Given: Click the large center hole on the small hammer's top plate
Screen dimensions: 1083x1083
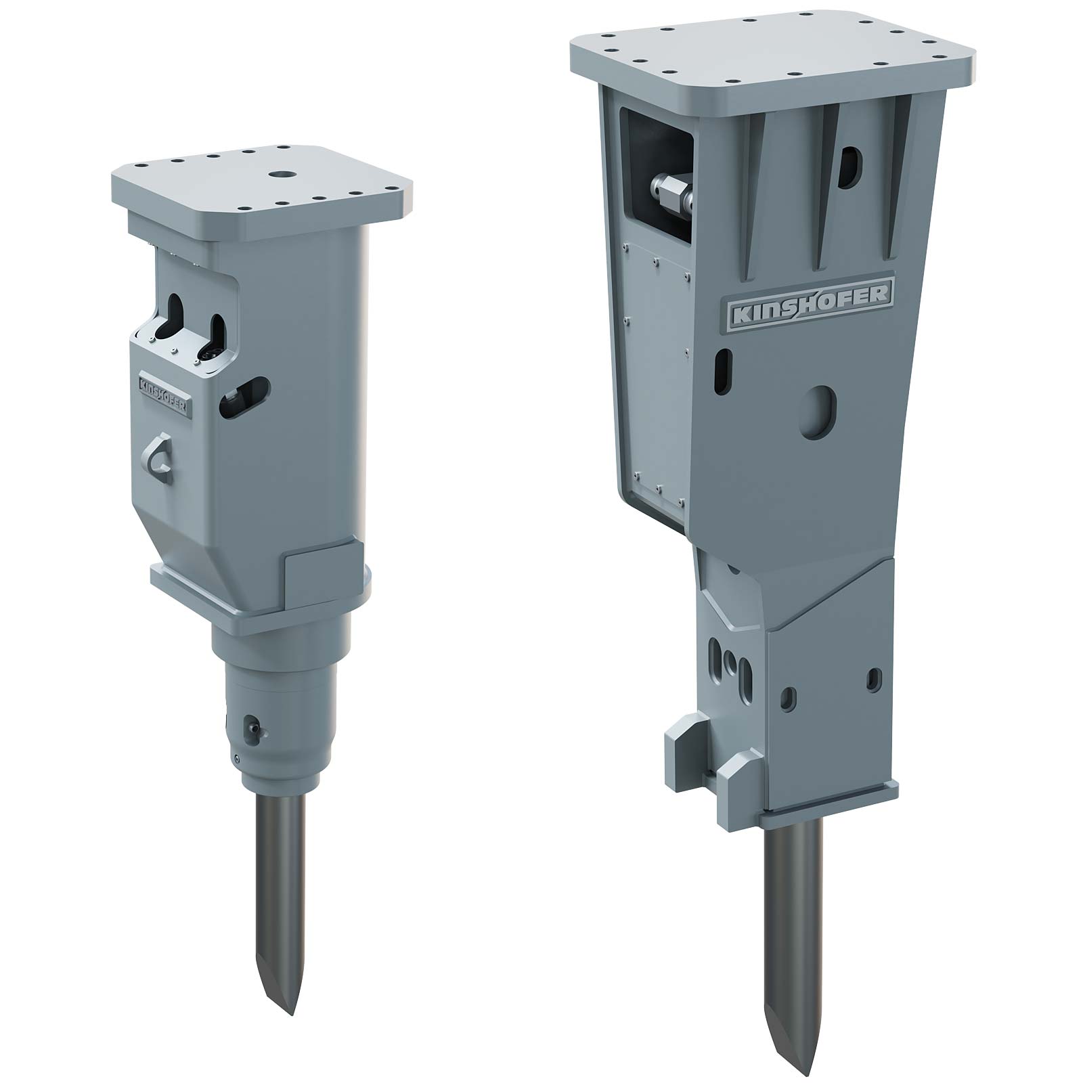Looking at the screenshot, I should click(x=278, y=175).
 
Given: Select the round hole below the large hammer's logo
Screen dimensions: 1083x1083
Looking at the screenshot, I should click(x=818, y=409).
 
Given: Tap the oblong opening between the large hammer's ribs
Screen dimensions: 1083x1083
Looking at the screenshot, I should click(x=849, y=167).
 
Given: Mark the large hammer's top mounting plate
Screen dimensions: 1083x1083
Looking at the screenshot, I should click(x=772, y=58).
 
